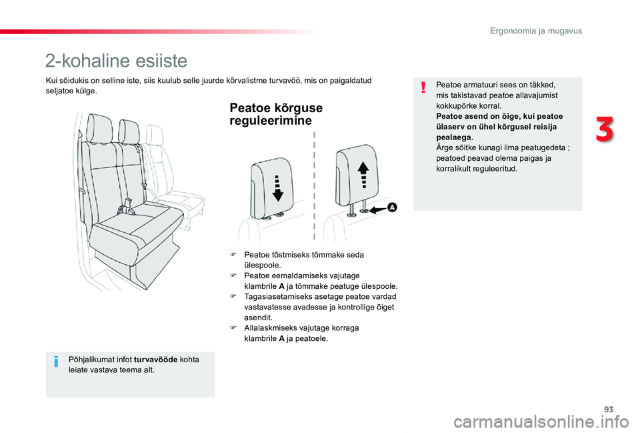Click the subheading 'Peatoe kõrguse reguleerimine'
pyautogui.click(x=275, y=114)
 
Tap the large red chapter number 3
pyautogui.click(x=604, y=129)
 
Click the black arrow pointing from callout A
pyautogui.click(x=377, y=209)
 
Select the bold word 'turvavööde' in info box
pyautogui.click(x=156, y=359)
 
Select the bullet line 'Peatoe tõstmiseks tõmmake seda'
pyautogui.click(x=303, y=255)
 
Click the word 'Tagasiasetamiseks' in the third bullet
pyautogui.click(x=275, y=296)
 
